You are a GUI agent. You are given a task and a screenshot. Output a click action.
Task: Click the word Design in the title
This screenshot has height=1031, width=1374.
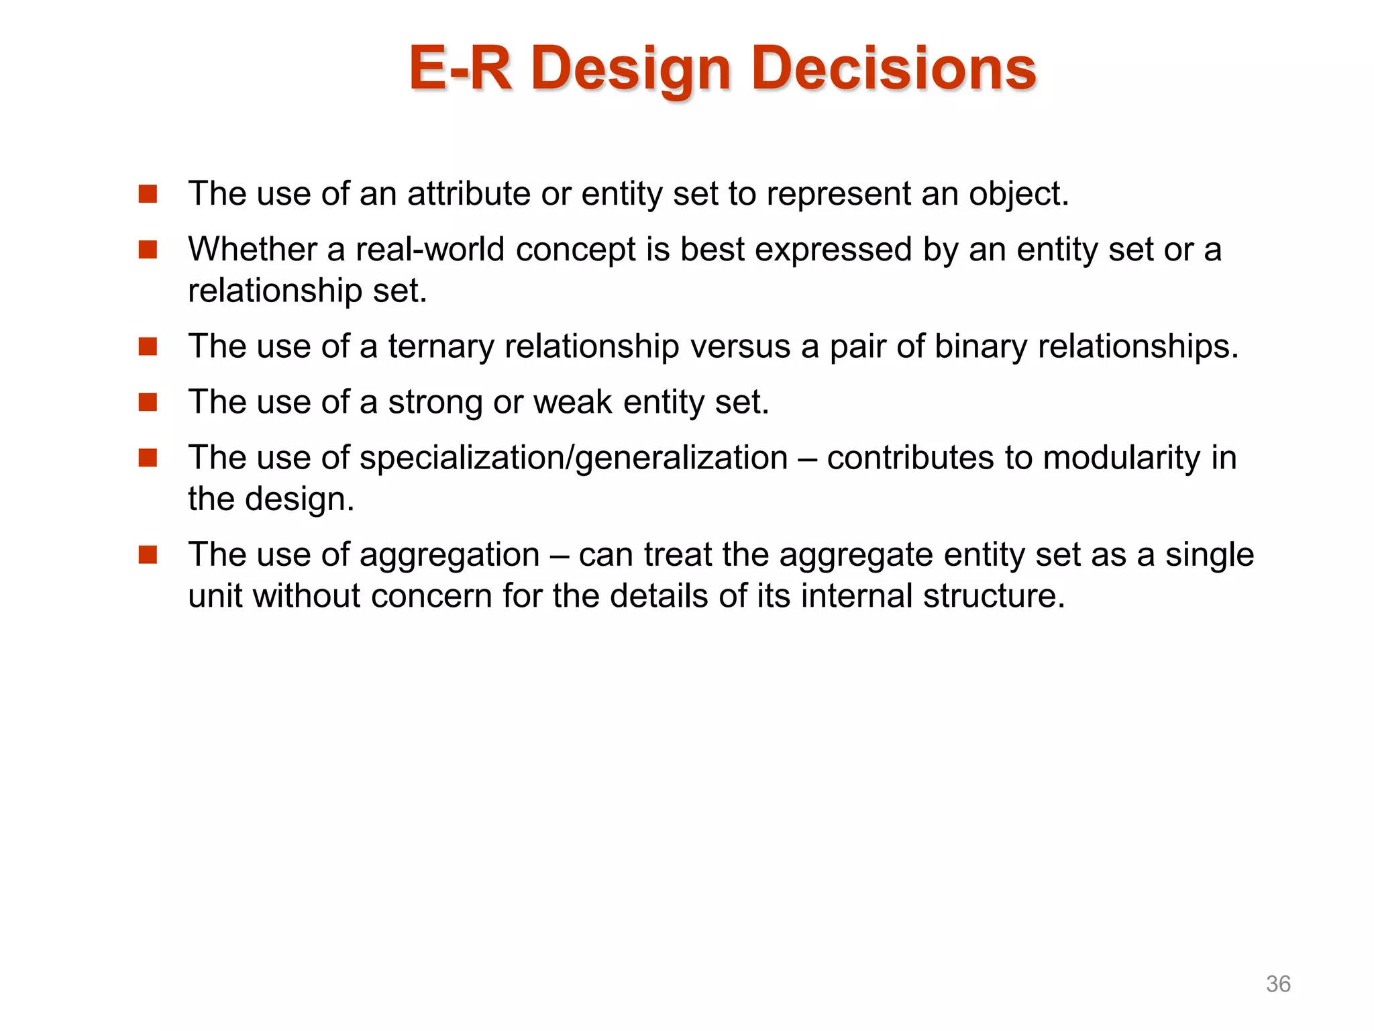[630, 68]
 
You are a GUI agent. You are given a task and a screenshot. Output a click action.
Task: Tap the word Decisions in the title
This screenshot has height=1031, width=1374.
[894, 68]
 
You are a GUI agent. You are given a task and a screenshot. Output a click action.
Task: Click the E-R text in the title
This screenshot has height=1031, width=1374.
[460, 68]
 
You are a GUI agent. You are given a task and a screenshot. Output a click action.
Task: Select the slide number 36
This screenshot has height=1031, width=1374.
[1277, 984]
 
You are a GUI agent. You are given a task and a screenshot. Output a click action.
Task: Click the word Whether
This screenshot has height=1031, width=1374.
[252, 250]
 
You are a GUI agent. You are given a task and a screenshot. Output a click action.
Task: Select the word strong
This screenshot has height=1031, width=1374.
[435, 403]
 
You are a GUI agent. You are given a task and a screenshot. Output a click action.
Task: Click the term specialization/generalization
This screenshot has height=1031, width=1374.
[574, 458]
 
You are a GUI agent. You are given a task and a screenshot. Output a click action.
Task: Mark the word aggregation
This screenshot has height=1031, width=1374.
[450, 556]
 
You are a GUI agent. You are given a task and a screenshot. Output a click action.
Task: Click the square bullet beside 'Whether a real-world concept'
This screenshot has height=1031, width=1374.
[148, 250]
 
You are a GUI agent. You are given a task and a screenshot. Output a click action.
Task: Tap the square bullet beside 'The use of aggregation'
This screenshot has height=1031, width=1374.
[148, 555]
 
